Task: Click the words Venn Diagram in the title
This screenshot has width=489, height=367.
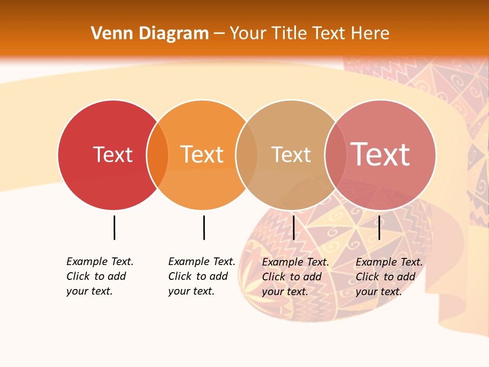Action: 150,34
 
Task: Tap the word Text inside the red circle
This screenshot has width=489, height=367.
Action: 113,154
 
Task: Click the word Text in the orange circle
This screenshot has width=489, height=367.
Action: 202,154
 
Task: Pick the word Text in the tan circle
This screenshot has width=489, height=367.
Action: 291,154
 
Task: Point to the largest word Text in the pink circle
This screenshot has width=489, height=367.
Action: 381,154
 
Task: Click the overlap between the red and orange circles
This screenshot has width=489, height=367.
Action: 157,154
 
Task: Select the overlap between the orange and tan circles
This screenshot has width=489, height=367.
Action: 247,154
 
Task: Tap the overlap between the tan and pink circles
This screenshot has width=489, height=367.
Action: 336,154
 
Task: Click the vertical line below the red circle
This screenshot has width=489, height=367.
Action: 114,227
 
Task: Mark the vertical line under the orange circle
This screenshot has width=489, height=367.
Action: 204,227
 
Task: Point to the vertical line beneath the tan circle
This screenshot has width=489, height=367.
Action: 293,227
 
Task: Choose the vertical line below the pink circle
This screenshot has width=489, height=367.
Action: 379,227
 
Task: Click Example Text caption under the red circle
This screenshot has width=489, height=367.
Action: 100,261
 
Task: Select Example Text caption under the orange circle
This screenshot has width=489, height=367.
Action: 202,261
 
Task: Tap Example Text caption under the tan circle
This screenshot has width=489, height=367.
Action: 295,262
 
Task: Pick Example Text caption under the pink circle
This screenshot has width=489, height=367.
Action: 389,262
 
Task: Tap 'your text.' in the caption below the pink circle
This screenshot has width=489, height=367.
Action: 378,292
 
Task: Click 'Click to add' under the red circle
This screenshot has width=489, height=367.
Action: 96,276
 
